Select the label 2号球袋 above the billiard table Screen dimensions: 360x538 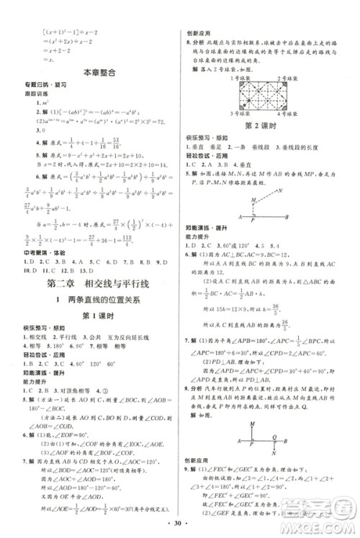pyautogui.click(x=294, y=76)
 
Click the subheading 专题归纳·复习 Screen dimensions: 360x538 pyautogui.click(x=38, y=86)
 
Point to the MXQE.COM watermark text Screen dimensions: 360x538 pyautogui.click(x=322, y=523)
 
